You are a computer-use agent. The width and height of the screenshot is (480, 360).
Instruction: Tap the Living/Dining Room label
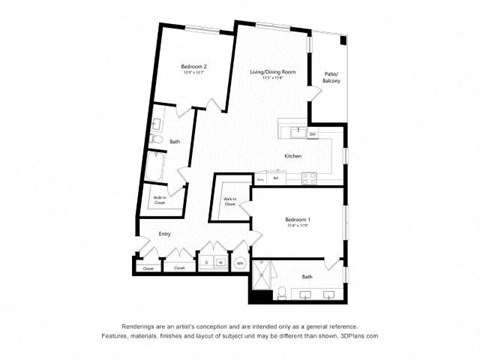273,72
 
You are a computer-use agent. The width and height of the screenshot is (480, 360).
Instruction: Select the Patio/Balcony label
332,76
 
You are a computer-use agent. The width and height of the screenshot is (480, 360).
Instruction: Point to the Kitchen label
293,157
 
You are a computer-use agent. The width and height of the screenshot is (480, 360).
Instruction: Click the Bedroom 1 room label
298,219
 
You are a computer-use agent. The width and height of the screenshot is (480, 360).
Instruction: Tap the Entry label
164,235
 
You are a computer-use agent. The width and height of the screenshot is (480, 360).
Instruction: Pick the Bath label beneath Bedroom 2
174,142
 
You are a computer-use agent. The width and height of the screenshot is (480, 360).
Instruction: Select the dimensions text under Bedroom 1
298,226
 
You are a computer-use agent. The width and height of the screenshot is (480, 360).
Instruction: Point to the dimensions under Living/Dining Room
273,79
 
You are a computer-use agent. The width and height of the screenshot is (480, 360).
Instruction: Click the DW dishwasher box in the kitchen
312,134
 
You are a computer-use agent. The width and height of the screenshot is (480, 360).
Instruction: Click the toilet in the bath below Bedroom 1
283,293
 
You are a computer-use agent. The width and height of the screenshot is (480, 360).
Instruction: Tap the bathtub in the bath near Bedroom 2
158,167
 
